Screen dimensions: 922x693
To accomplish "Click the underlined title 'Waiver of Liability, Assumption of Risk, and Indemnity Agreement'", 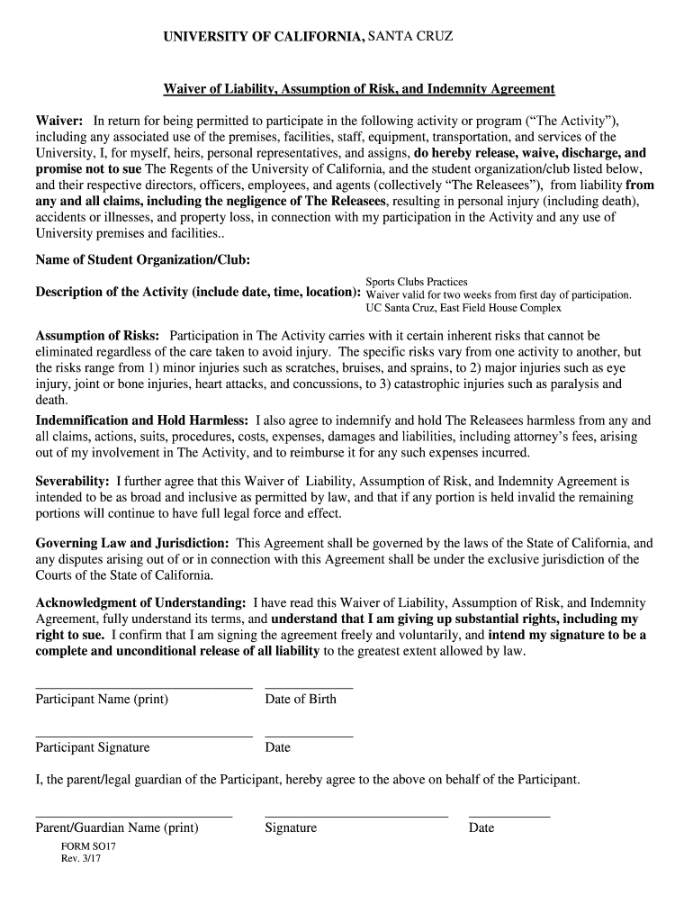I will [358, 89].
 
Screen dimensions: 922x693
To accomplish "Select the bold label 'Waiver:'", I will [59, 121].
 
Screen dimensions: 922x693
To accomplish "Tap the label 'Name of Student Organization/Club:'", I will [142, 259].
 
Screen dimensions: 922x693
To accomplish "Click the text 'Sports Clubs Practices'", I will [416, 282].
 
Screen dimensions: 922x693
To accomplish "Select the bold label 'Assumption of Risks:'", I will [97, 336].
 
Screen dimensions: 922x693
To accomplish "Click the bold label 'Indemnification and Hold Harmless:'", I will [141, 420].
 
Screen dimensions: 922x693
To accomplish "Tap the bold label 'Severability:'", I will [72, 482].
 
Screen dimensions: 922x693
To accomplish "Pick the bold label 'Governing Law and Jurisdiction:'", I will [132, 543].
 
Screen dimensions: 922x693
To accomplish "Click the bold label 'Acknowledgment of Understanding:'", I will [140, 602].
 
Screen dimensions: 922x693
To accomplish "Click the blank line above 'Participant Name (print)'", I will [143, 688].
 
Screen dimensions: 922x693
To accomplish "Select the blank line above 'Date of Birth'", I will [309, 688].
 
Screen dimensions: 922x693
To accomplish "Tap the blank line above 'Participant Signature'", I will [143, 737].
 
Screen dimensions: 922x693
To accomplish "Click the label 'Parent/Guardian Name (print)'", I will [117, 827].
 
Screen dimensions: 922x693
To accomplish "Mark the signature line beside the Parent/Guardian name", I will [355, 816].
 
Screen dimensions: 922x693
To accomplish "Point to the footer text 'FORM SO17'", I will [88, 847].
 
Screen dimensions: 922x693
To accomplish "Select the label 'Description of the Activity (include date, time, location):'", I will [197, 293].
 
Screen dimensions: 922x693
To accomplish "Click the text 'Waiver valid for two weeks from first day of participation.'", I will [498, 294].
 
